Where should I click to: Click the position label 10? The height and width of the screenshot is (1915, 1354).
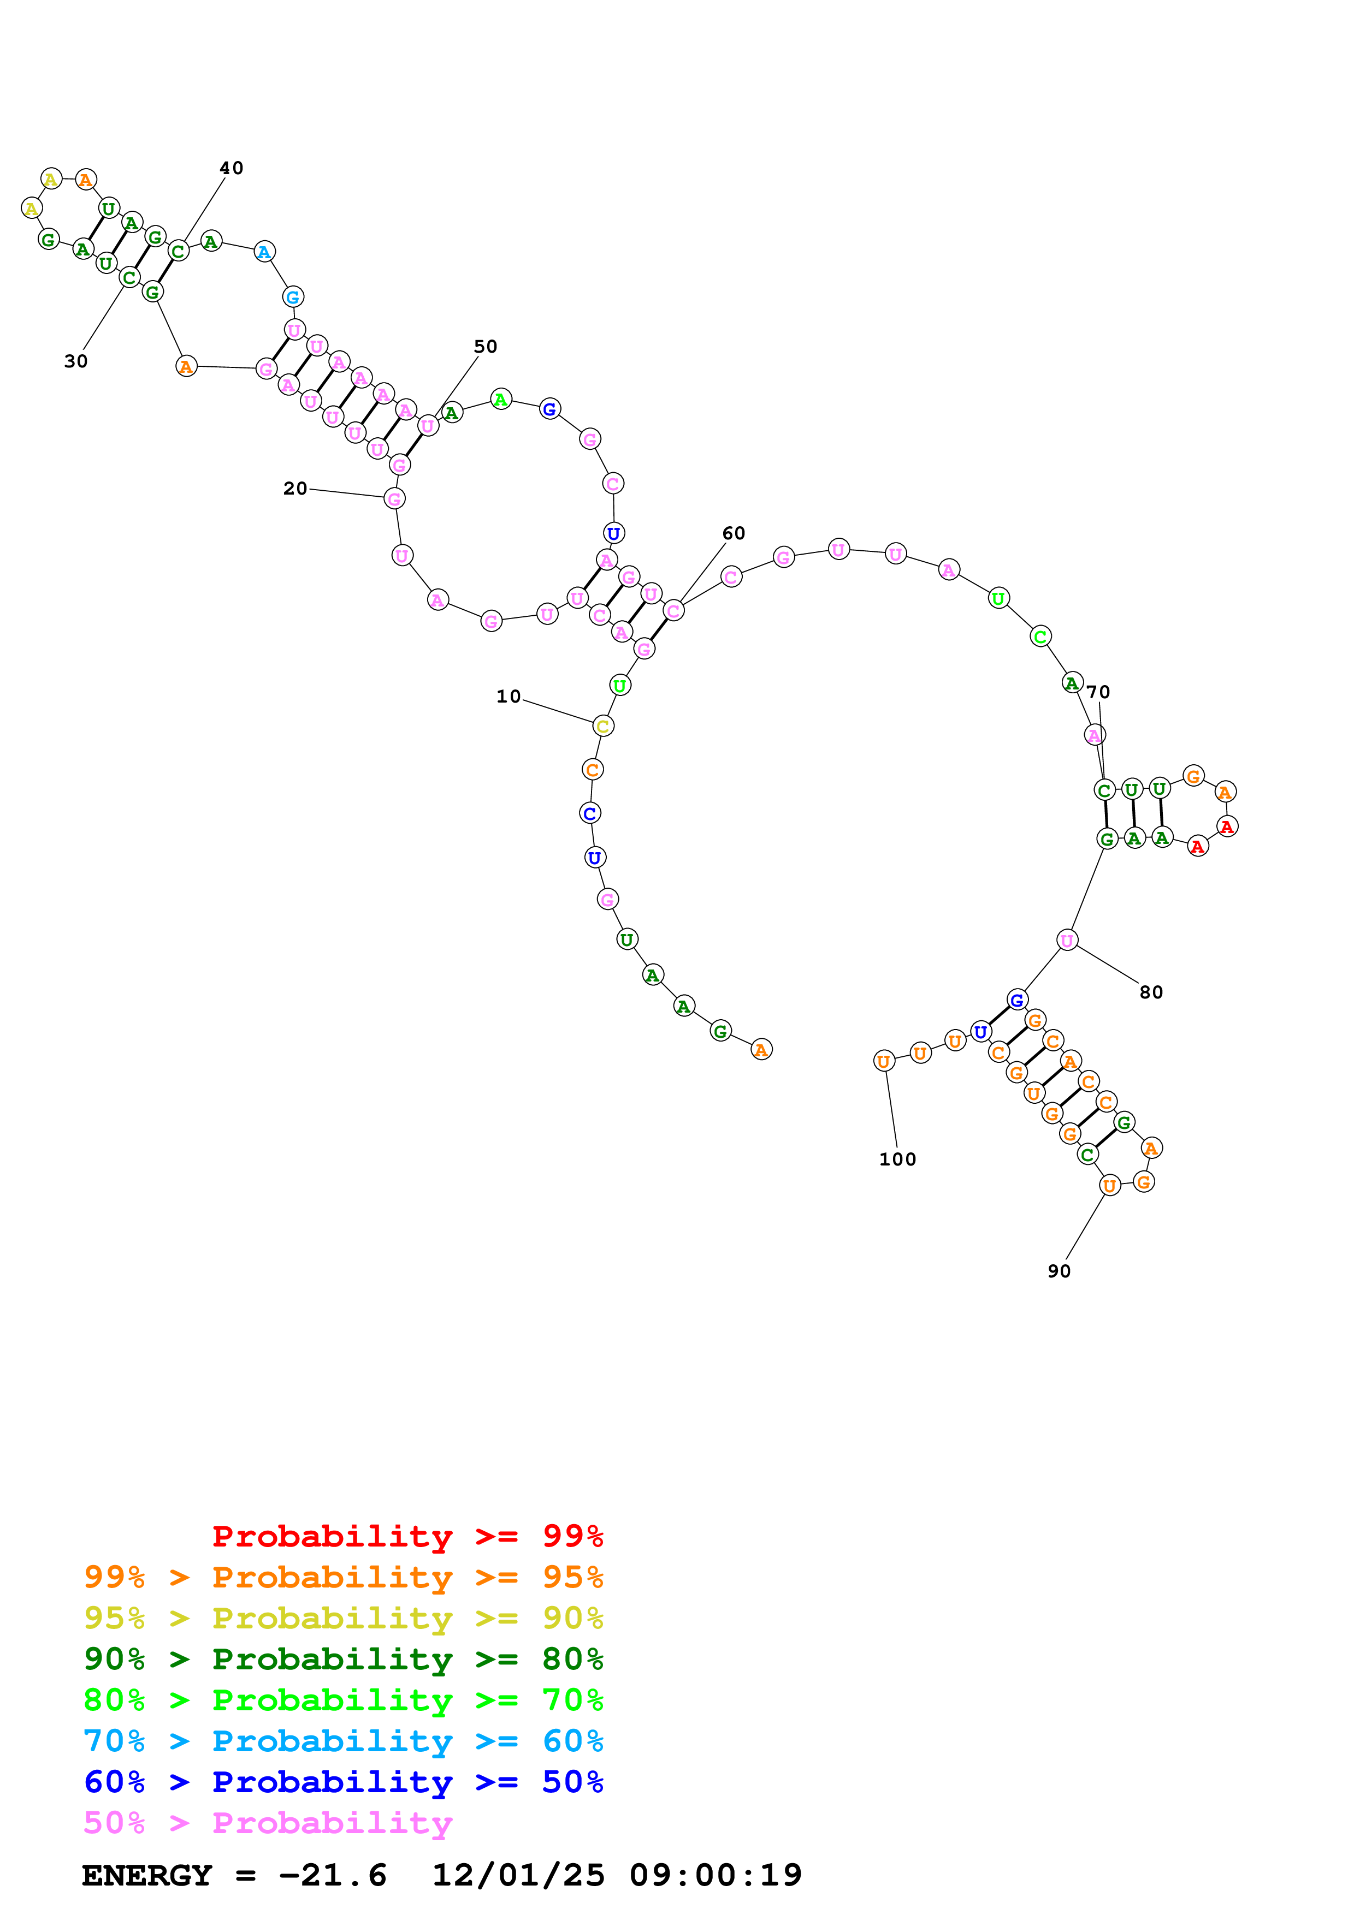click(x=508, y=697)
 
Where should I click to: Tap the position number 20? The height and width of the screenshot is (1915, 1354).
click(x=295, y=489)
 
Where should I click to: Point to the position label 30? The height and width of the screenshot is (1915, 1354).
click(x=76, y=361)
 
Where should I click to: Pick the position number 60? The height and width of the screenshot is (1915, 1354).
click(x=734, y=533)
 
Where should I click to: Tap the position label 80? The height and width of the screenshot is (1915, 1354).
click(x=1151, y=992)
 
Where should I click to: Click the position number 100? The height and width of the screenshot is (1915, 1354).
click(x=898, y=1159)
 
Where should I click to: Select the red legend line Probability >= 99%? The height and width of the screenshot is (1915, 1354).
click(x=408, y=1536)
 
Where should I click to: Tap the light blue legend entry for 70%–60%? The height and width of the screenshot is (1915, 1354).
click(x=344, y=1741)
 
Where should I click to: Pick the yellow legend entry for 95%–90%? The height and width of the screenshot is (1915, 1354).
click(x=344, y=1618)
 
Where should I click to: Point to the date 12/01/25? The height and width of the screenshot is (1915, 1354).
click(x=518, y=1875)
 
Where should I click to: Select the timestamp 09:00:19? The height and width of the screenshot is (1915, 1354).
click(x=716, y=1875)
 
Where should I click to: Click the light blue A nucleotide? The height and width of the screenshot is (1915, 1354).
click(x=264, y=251)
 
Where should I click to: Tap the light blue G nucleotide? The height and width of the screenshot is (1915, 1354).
click(x=293, y=297)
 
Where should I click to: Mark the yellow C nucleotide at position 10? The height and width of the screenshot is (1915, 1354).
click(x=603, y=725)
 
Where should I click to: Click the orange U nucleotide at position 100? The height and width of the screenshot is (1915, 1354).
click(x=884, y=1061)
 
